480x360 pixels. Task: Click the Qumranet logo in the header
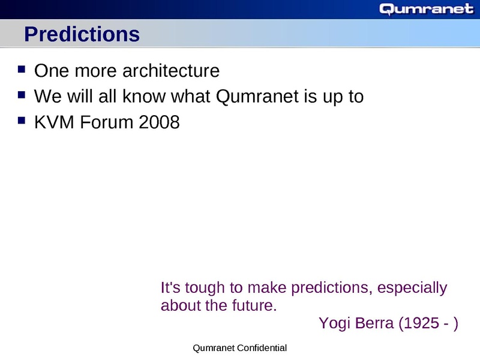coord(427,9)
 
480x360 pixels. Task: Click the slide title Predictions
coord(82,35)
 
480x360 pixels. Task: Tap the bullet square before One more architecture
coord(22,70)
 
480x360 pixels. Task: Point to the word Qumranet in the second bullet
coord(250,97)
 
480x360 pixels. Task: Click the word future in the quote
coord(251,305)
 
